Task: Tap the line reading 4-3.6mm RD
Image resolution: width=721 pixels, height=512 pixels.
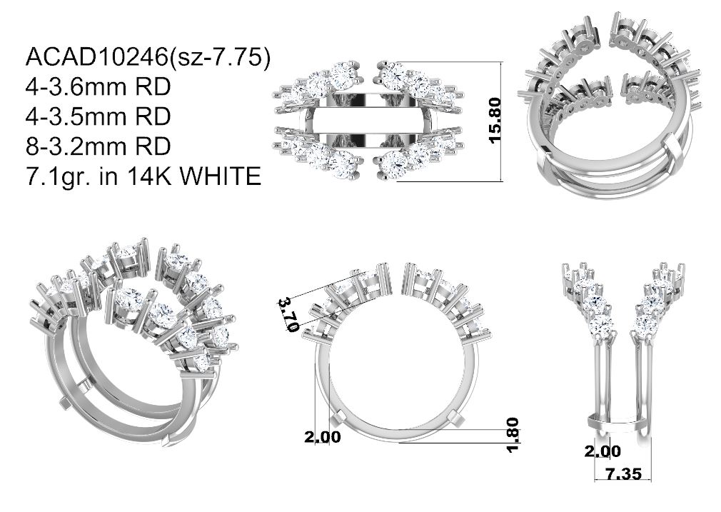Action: click(x=99, y=87)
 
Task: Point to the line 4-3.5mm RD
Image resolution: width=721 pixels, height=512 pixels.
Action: click(x=99, y=117)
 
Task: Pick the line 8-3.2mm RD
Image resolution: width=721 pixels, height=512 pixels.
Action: click(x=99, y=146)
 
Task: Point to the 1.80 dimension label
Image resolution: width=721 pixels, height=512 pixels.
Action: click(x=513, y=435)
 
